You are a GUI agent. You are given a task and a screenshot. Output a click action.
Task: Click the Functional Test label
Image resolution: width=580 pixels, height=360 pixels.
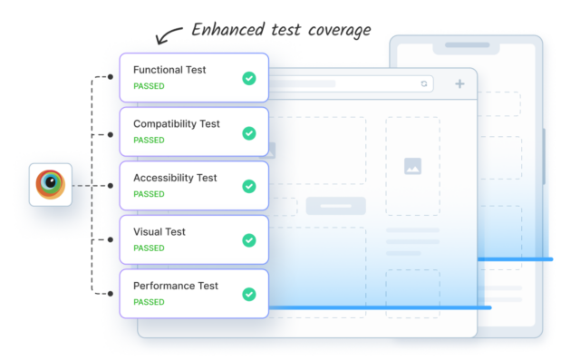pyautogui.click(x=169, y=70)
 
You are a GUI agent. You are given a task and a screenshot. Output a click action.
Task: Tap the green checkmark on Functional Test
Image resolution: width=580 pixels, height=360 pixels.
pyautogui.click(x=248, y=79)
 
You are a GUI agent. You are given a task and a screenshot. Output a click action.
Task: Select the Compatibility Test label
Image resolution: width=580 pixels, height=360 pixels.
pyautogui.click(x=177, y=124)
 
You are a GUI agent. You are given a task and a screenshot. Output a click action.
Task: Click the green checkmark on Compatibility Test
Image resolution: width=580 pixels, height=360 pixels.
pyautogui.click(x=248, y=133)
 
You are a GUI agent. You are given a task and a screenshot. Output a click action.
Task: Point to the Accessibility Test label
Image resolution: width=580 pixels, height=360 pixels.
pyautogui.click(x=175, y=178)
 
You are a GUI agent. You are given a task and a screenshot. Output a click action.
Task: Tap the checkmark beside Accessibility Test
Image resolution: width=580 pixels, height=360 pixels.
pyautogui.click(x=248, y=187)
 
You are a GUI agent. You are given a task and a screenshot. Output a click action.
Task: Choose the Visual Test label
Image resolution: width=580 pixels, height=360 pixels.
pyautogui.click(x=159, y=232)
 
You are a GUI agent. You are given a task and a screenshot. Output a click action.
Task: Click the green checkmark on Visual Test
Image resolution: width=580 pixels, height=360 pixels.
pyautogui.click(x=248, y=240)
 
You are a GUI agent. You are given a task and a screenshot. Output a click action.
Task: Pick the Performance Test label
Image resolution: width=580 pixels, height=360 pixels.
pyautogui.click(x=176, y=286)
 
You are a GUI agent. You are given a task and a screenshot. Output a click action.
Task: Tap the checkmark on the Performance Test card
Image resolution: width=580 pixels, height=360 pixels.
pyautogui.click(x=248, y=294)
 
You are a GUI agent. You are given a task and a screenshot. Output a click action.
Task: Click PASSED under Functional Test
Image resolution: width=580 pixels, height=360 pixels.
pyautogui.click(x=149, y=87)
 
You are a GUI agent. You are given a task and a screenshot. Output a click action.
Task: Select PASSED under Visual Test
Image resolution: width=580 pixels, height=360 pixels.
pyautogui.click(x=149, y=248)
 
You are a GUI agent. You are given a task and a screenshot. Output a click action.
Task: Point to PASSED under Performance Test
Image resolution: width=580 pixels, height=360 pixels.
pyautogui.click(x=149, y=302)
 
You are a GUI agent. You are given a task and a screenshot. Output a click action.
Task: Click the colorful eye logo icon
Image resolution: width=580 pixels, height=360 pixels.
pyautogui.click(x=51, y=184)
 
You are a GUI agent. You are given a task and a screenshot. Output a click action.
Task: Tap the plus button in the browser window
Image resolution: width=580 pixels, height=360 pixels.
pyautogui.click(x=459, y=84)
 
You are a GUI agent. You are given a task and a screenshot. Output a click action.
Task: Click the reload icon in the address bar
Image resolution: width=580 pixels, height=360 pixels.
pyautogui.click(x=423, y=84)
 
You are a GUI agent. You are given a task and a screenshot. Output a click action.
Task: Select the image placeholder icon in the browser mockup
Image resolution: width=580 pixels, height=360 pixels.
pyautogui.click(x=412, y=166)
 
